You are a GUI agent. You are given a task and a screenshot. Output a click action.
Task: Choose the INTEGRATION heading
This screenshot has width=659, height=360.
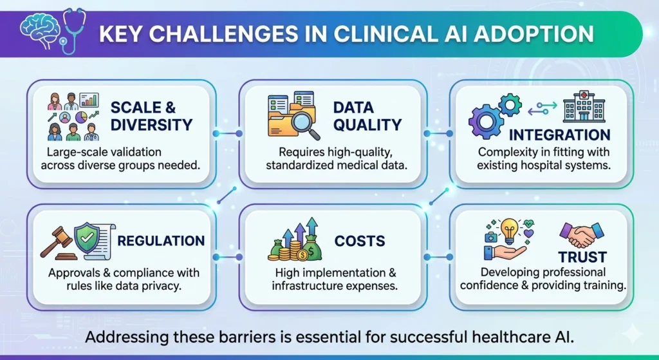coord(559,136)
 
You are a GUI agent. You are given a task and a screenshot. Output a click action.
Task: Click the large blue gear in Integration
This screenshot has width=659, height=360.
coord(488,122)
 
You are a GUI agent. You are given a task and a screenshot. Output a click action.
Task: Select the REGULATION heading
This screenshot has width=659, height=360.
coord(161,242)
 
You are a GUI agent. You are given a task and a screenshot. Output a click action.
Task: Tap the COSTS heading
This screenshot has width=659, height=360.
coord(360,242)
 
